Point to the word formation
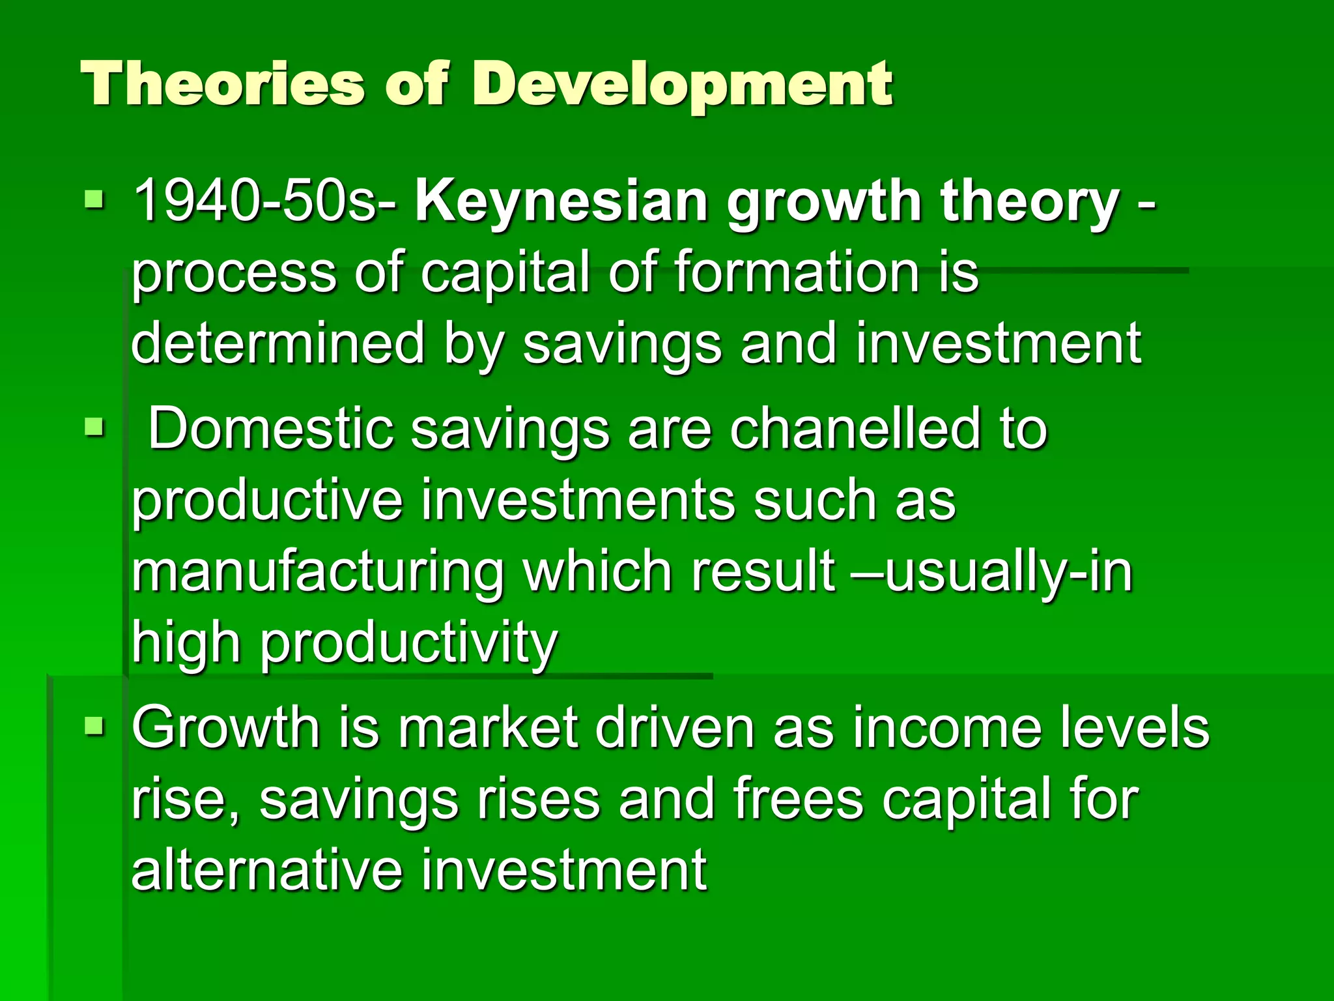tap(794, 272)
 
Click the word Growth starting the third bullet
tap(225, 728)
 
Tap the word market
tap(489, 728)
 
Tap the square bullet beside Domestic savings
tap(94, 428)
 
